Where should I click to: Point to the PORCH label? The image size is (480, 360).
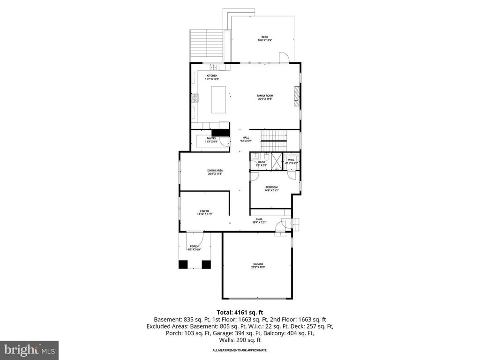194,247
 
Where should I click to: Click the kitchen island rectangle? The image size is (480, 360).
218,99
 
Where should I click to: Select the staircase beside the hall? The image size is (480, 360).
273,135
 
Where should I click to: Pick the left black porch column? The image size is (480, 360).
182,264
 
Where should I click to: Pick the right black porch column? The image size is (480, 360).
206,264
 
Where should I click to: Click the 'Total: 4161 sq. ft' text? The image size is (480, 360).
240,312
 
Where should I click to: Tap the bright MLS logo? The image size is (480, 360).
29,350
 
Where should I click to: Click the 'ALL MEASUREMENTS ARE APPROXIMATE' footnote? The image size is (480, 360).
240,350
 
